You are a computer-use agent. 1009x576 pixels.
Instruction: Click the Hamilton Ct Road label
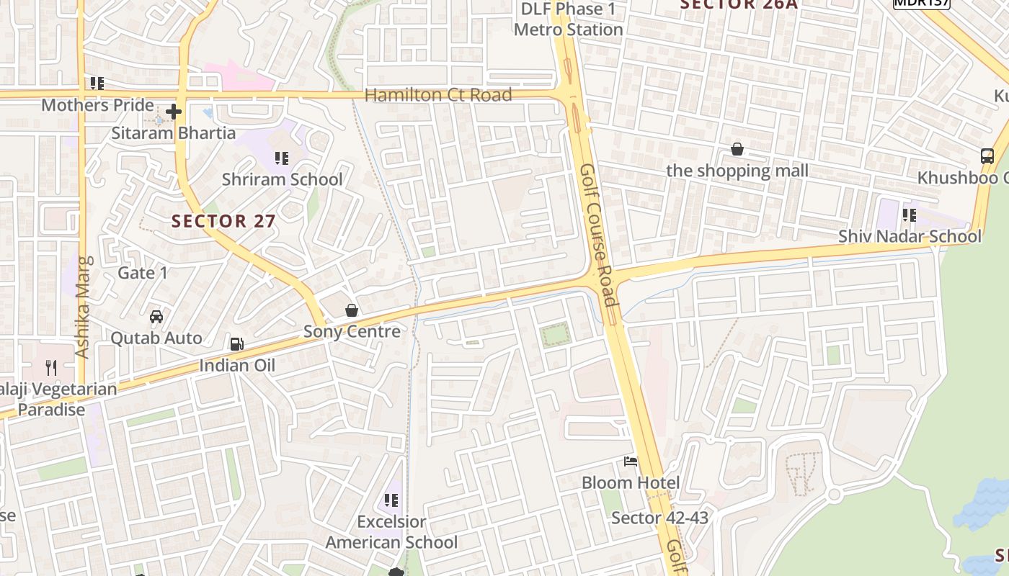(x=438, y=95)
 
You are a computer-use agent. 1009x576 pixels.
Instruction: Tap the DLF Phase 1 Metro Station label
(x=568, y=19)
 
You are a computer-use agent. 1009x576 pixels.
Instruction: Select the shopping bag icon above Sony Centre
(x=352, y=310)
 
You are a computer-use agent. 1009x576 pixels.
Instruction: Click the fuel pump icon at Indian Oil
(x=237, y=344)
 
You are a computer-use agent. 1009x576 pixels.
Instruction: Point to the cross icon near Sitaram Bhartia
(x=173, y=112)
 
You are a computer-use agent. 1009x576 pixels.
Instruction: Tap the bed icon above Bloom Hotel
(x=631, y=462)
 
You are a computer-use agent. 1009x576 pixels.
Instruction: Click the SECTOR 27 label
(x=223, y=221)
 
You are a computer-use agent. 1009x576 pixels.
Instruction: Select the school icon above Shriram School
(x=282, y=158)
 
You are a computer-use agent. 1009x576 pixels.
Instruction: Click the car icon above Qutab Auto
(x=156, y=317)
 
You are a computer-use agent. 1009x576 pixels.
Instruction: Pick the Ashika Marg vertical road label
(x=82, y=307)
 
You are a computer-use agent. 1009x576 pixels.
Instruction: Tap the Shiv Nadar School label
(x=910, y=236)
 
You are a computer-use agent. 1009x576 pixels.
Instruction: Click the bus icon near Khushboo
(x=987, y=156)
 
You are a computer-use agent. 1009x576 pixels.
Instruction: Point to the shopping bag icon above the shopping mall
(x=737, y=150)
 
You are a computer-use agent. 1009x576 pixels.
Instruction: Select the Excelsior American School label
(x=391, y=531)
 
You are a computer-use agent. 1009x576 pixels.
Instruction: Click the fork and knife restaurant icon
(x=50, y=368)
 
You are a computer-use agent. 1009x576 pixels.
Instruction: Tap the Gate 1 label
(x=143, y=273)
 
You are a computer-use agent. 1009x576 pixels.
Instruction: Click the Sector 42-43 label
(x=659, y=518)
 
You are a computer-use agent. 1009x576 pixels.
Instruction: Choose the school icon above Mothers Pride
(x=97, y=84)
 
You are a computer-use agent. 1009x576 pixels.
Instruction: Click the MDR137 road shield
(x=922, y=3)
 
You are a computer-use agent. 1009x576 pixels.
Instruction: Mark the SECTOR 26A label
(x=739, y=4)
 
